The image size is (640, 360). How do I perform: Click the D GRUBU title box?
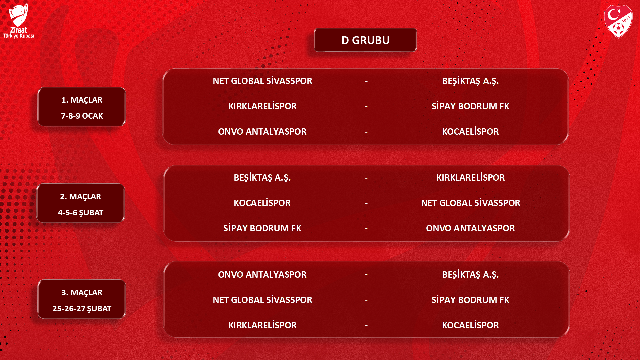(x=365, y=40)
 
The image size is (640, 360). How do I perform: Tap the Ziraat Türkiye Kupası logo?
(x=18, y=21)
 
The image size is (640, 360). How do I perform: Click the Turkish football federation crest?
(x=618, y=21)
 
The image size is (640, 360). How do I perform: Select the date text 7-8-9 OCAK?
(x=82, y=116)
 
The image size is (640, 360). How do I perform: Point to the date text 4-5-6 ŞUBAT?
(x=81, y=213)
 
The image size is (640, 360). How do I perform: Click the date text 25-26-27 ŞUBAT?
(x=82, y=309)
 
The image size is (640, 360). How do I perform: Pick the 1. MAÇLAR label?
(x=82, y=100)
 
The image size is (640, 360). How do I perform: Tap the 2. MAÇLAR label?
(x=80, y=197)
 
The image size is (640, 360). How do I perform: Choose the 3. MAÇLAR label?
(x=82, y=293)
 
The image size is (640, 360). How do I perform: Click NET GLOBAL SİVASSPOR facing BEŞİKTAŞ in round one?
(x=262, y=81)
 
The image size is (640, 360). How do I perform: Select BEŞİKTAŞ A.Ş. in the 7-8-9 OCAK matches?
(x=470, y=81)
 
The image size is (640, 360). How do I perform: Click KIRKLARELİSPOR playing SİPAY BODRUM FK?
(x=262, y=106)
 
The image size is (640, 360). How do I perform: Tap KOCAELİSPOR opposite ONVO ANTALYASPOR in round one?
(x=470, y=132)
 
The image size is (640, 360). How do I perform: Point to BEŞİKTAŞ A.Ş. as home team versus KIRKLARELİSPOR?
(x=262, y=178)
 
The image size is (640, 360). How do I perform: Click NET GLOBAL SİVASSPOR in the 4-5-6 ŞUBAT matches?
(x=470, y=203)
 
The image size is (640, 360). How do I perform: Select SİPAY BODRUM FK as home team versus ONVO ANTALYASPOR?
(x=262, y=228)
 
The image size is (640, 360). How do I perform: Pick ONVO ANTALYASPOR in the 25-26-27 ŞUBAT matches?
(x=262, y=275)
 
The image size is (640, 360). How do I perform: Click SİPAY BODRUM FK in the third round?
(x=470, y=300)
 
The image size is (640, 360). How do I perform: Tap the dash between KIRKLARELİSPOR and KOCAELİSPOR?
(x=366, y=325)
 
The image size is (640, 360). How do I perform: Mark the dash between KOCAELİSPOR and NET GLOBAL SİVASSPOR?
(x=366, y=203)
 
